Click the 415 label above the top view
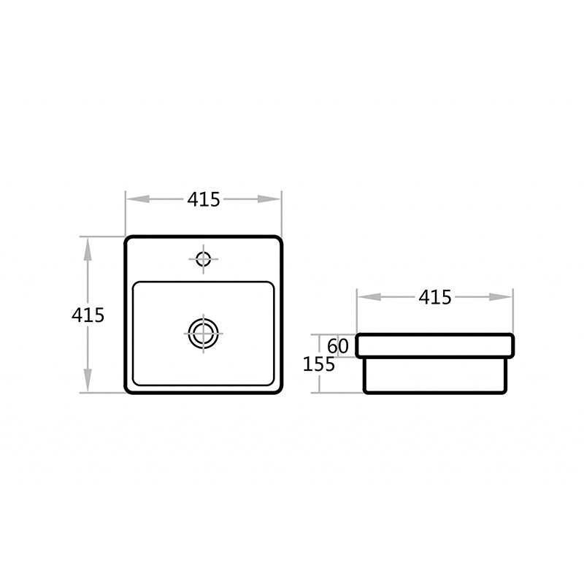pyautogui.click(x=204, y=199)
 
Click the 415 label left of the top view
pyautogui.click(x=88, y=315)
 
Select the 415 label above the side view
pyautogui.click(x=435, y=297)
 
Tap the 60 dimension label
pyautogui.click(x=337, y=345)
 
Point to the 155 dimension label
pyautogui.click(x=319, y=364)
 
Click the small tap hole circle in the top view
pyautogui.click(x=203, y=258)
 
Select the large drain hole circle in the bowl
pyautogui.click(x=203, y=333)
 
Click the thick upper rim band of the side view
pyautogui.click(x=435, y=346)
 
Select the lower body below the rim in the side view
pyautogui.click(x=435, y=374)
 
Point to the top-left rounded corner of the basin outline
pyautogui.click(x=128, y=240)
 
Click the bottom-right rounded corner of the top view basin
pyautogui.click(x=278, y=390)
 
